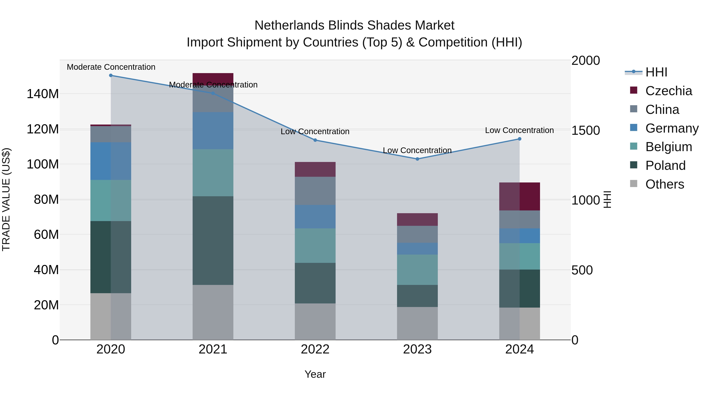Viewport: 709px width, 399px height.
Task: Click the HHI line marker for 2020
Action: [x=111, y=75]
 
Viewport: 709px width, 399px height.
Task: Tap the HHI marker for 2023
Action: [x=417, y=159]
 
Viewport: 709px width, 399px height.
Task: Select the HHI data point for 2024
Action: [x=519, y=139]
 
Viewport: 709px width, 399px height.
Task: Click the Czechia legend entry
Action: [x=668, y=91]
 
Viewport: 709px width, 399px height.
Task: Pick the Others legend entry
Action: [x=664, y=184]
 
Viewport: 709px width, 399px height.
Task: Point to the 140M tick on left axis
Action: [x=43, y=94]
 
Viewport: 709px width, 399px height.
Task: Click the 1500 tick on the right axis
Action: [x=586, y=130]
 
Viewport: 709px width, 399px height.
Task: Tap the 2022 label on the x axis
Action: [x=315, y=349]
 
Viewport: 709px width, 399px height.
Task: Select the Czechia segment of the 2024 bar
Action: [x=519, y=196]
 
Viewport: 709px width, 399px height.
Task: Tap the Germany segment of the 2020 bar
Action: [x=111, y=161]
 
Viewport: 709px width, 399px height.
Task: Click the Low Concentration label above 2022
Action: [x=315, y=131]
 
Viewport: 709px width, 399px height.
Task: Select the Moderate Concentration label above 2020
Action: [x=111, y=67]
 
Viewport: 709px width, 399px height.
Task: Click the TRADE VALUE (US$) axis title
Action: [x=6, y=199]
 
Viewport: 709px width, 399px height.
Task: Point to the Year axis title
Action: [x=315, y=374]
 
